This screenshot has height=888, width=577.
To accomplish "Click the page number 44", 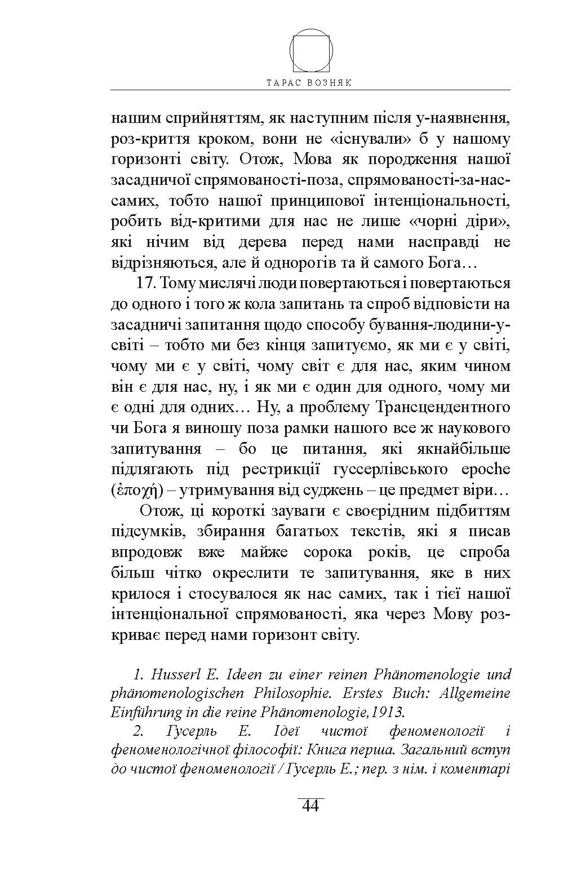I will (x=310, y=806).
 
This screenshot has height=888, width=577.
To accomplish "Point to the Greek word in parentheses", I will (x=137, y=491).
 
